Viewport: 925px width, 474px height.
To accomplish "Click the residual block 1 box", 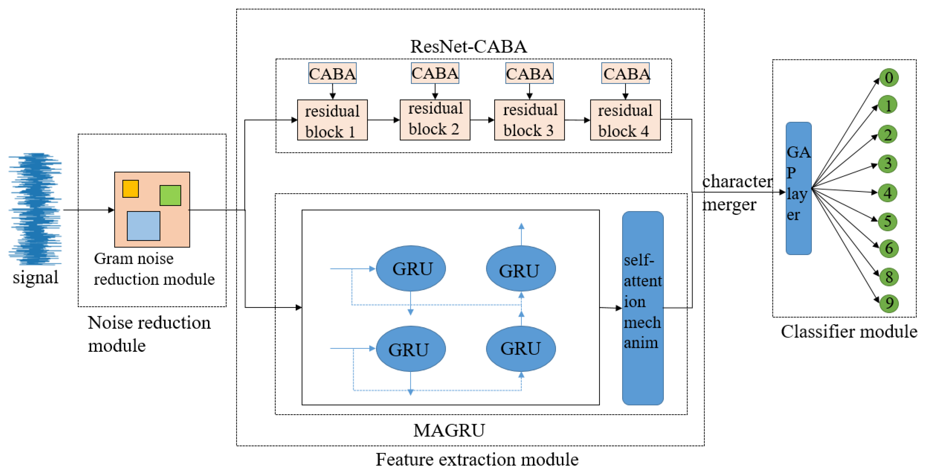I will [332, 120].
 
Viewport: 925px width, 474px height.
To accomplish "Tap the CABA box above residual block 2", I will [435, 73].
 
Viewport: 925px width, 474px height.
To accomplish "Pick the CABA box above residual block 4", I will [625, 73].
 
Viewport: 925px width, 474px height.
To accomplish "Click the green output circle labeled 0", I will [889, 77].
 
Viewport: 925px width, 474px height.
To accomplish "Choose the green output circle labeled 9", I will [889, 303].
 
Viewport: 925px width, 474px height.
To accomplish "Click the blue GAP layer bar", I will [798, 188].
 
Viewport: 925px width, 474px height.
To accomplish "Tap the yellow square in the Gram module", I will [130, 189].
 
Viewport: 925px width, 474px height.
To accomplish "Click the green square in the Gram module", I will [170, 195].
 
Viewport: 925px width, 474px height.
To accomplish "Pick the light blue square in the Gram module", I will [143, 226].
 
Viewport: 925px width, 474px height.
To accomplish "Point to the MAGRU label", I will [449, 430].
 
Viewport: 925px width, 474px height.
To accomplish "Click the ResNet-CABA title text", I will [468, 46].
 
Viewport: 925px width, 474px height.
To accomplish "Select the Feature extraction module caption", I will [477, 459].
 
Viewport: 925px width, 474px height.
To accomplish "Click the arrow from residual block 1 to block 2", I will [383, 120].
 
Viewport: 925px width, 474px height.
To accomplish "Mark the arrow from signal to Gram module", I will [88, 210].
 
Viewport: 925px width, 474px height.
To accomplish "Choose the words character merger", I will [736, 193].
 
